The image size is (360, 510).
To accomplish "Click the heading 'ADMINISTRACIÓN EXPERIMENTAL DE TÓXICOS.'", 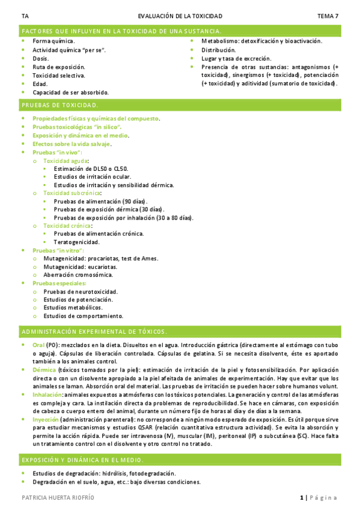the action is (94, 332).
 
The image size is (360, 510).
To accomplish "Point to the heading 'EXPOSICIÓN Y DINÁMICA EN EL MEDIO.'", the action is (82, 460).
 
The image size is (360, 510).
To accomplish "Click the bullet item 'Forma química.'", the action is (53, 41).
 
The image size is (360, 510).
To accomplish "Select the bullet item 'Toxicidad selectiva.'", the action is (58, 76).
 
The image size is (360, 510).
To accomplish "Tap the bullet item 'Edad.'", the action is (40, 84).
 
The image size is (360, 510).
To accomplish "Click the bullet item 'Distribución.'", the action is (218, 50).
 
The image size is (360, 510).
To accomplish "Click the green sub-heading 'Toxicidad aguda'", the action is (66, 161).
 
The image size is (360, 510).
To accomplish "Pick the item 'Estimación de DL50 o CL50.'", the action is (90, 170).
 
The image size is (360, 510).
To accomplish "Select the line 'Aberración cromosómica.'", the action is (78, 274).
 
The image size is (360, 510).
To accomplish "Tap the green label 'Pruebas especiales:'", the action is (59, 283).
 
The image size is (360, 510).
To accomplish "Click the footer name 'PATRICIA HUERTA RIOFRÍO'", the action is (58, 498).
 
